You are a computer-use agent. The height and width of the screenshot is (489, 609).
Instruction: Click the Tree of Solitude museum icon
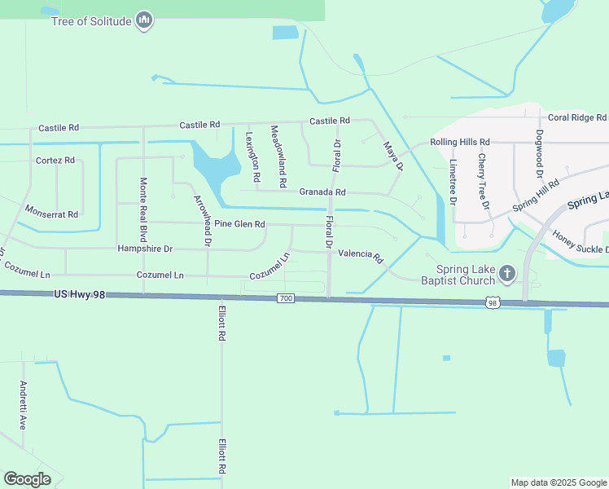coord(144,20)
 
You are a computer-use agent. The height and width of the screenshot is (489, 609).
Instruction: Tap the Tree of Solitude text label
coord(90,21)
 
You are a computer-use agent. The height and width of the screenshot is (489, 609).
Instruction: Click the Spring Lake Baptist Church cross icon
coord(507,273)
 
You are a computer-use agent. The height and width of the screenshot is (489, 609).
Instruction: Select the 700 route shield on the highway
coord(285,299)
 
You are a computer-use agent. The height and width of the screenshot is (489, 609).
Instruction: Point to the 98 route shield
coord(492,303)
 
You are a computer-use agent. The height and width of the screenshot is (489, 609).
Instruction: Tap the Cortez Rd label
coord(55,161)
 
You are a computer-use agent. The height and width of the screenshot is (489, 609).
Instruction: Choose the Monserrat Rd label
coord(50,213)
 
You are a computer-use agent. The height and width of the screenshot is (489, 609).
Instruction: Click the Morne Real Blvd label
coord(143,204)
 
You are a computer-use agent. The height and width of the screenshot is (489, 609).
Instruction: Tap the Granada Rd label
coord(323,192)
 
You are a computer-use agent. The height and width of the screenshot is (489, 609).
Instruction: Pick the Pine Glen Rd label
coord(239,224)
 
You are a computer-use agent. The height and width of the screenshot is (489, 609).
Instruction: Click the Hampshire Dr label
coord(145,249)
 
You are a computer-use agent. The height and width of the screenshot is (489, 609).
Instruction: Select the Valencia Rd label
coord(360,256)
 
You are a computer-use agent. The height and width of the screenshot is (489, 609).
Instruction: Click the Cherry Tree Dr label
coord(485,180)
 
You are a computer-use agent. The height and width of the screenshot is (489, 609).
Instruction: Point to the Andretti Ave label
coord(23,405)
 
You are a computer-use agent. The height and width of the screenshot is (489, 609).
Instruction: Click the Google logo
coord(28,479)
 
